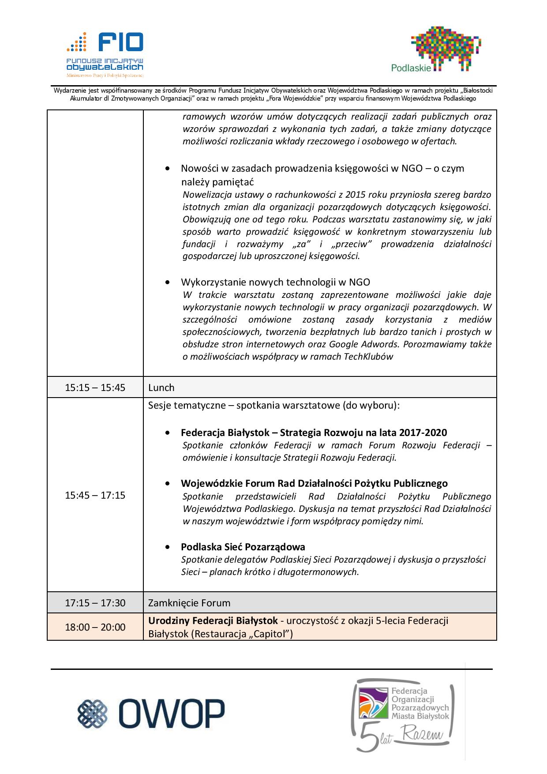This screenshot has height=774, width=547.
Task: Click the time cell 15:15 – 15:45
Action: [95, 387]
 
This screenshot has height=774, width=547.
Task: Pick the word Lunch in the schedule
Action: [161, 387]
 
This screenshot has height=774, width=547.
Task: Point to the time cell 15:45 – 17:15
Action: [95, 495]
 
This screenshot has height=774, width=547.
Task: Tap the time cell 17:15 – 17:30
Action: [95, 603]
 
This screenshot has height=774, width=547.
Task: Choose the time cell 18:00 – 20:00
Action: [95, 627]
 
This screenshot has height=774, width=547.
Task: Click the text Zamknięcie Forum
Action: [189, 603]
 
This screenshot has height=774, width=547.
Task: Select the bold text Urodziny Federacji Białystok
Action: [213, 620]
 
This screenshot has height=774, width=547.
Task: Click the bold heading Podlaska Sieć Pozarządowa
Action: [243, 547]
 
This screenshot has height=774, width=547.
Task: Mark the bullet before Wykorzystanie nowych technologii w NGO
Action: [167, 282]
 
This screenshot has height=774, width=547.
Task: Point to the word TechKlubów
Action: [370, 357]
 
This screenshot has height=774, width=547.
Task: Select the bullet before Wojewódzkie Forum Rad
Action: [167, 484]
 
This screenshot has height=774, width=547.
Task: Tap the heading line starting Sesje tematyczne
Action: [273, 405]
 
